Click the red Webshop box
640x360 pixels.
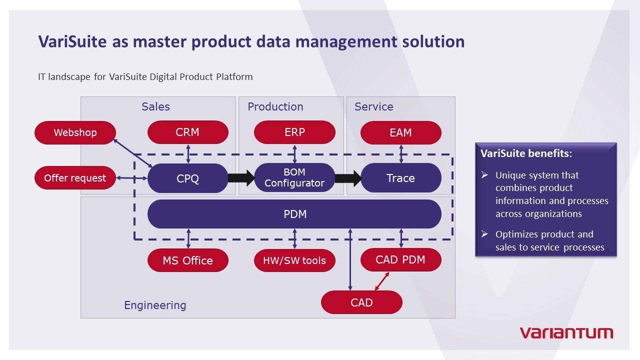pyautogui.click(x=75, y=132)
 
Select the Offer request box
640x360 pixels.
pyautogui.click(x=75, y=178)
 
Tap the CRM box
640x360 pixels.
pyautogui.click(x=187, y=132)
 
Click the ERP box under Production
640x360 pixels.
pyautogui.click(x=294, y=132)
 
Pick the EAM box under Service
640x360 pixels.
pyautogui.click(x=400, y=132)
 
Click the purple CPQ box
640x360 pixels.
pyautogui.click(x=187, y=178)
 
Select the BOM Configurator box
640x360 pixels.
pyautogui.click(x=294, y=178)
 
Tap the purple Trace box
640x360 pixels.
pyautogui.click(x=400, y=178)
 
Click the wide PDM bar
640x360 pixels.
pyautogui.click(x=294, y=214)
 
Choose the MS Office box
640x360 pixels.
pyautogui.click(x=187, y=260)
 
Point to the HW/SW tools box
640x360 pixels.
pyautogui.click(x=294, y=260)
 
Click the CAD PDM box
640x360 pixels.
pyautogui.click(x=400, y=259)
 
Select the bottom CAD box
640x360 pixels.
pyautogui.click(x=361, y=302)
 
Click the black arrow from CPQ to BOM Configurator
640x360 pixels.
pyautogui.click(x=241, y=178)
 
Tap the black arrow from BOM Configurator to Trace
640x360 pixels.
pyautogui.click(x=348, y=178)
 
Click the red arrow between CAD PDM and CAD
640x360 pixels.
pyautogui.click(x=382, y=281)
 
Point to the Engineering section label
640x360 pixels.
pyautogui.click(x=155, y=305)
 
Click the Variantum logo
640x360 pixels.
pyautogui.click(x=566, y=332)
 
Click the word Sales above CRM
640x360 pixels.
pyautogui.click(x=155, y=106)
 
